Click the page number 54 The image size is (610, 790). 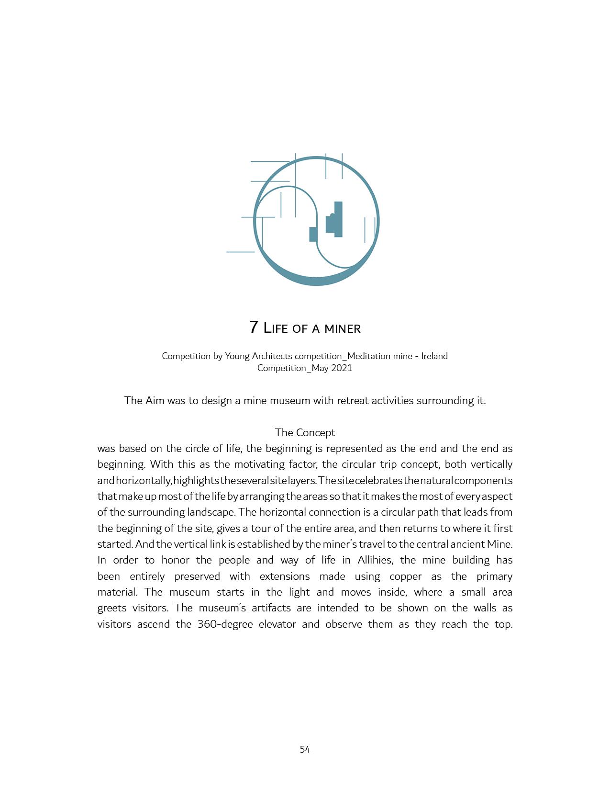pyautogui.click(x=305, y=750)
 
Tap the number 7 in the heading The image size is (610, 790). pyautogui.click(x=254, y=327)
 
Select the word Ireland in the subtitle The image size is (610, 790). pyautogui.click(x=434, y=356)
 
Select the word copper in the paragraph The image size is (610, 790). pyautogui.click(x=405, y=576)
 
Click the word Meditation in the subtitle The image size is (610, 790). pyautogui.click(x=369, y=356)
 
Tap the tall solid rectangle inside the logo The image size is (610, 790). pyautogui.click(x=338, y=219)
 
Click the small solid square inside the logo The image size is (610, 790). pyautogui.click(x=313, y=234)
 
